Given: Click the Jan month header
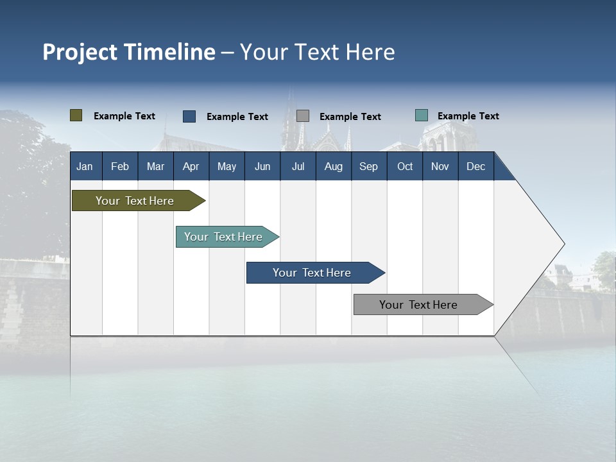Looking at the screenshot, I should point(85,166).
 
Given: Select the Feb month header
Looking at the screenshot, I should point(120,166).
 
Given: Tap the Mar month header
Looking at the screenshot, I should point(155,166).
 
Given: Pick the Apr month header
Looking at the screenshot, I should point(191,166).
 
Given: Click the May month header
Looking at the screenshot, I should point(227,166).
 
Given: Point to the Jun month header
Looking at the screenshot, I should point(262,166).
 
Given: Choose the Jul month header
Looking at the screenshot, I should point(298,166).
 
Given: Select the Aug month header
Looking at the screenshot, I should point(334,166).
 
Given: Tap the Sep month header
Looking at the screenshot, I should point(369,166).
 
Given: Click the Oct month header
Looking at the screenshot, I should point(405,166).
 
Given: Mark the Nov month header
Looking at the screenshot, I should point(440,166).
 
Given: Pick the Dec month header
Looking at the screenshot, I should point(476,166).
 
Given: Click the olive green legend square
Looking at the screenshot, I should point(76,116).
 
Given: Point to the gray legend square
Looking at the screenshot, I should point(303,116).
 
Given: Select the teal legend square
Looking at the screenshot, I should point(422,116).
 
